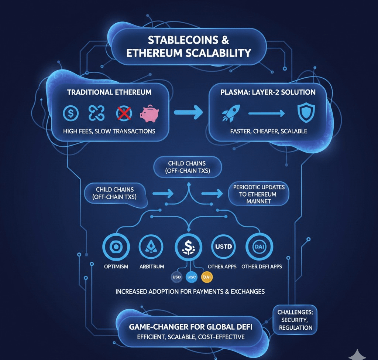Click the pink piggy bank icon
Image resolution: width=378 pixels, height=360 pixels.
[x=149, y=113]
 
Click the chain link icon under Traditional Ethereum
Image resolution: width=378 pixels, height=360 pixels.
[x=96, y=113]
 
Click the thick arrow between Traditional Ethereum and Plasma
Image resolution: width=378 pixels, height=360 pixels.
[x=188, y=112]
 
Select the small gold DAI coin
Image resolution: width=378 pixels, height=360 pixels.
[x=207, y=277]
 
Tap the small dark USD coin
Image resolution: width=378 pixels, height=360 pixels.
[x=175, y=277]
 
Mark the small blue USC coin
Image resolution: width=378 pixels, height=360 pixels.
[x=191, y=277]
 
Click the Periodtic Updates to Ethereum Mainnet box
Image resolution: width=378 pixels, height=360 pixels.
[x=259, y=194]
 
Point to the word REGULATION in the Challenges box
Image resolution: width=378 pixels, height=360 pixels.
[x=296, y=327]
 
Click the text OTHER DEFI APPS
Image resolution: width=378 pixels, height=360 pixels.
[x=261, y=266]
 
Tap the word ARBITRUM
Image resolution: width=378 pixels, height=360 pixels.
[x=152, y=266]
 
